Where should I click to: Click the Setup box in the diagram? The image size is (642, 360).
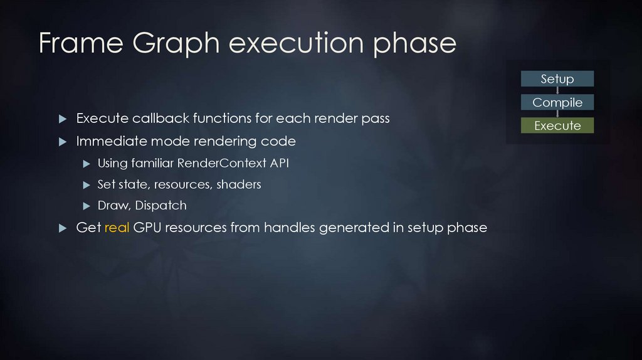(x=557, y=79)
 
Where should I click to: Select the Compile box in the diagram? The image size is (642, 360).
(x=557, y=102)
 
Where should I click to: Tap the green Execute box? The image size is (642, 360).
(x=557, y=125)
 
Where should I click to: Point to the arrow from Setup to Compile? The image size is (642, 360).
(x=557, y=91)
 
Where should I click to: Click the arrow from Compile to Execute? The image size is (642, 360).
(x=557, y=114)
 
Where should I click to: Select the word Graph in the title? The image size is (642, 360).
(x=169, y=43)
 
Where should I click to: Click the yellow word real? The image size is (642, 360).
(x=117, y=228)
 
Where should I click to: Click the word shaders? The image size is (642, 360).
(x=239, y=184)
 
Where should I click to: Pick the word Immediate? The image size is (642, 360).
(x=103, y=142)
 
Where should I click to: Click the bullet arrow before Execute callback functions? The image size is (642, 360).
(x=62, y=119)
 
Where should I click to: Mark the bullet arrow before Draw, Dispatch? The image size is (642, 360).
(x=87, y=206)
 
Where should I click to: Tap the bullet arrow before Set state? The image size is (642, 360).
(x=87, y=185)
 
